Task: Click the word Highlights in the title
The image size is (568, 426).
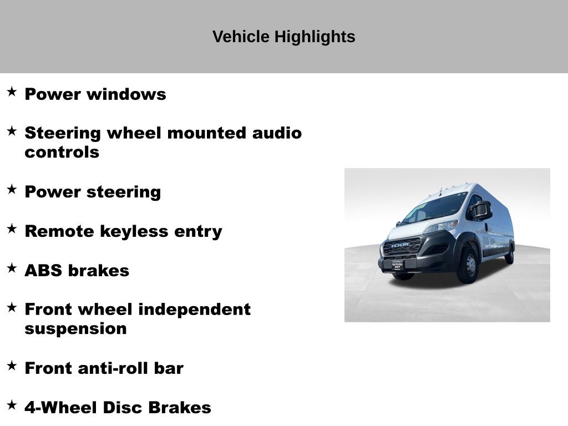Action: [x=315, y=37]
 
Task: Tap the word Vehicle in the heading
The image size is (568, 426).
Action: [x=241, y=37]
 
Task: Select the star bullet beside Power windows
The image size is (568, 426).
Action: [x=12, y=92]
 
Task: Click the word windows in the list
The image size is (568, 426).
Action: [x=126, y=94]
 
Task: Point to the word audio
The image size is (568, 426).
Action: [x=277, y=133]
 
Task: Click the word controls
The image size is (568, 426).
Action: [x=62, y=152]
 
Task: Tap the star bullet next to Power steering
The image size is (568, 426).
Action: [x=12, y=190]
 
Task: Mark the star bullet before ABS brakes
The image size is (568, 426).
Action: [x=12, y=268]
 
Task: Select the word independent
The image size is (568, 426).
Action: [x=195, y=310]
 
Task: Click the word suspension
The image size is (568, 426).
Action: [x=75, y=329]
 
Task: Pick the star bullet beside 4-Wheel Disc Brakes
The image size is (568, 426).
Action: [x=12, y=404]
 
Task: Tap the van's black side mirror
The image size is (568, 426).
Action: [x=481, y=210]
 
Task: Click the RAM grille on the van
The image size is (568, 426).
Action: [x=402, y=247]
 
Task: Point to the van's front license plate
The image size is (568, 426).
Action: [x=397, y=265]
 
